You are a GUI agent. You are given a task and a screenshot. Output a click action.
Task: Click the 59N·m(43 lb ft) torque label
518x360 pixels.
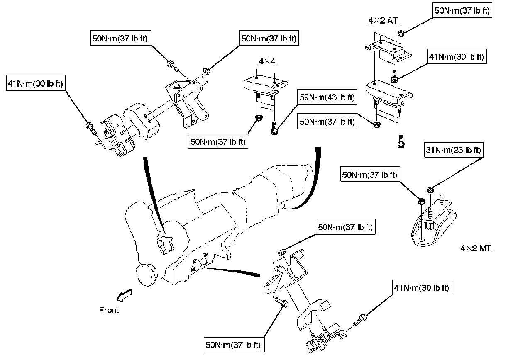point(327,97)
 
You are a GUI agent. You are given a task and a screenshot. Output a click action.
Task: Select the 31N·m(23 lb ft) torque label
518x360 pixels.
point(453,150)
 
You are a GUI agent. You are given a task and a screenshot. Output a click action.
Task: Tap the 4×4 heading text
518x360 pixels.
point(267,61)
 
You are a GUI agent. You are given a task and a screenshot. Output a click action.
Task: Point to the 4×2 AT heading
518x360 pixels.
point(383,20)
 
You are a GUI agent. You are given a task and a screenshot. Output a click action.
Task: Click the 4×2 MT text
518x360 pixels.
point(476,248)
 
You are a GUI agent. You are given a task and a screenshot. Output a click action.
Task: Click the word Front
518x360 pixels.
point(109,310)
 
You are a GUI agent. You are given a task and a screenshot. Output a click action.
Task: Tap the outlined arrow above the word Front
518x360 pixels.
point(123,294)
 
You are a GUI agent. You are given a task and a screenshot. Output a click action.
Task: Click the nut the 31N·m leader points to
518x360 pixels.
point(430,190)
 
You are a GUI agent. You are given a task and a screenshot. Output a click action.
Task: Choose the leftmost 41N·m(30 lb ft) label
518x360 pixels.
point(35,83)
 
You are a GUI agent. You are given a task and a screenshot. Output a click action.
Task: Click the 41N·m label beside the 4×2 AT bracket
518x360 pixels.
point(456,57)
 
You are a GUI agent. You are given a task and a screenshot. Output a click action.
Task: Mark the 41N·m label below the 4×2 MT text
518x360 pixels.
point(422,288)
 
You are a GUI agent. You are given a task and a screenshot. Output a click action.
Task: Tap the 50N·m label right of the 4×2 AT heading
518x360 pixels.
point(462,11)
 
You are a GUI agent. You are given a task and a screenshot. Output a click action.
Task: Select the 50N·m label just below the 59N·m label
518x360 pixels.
point(327,122)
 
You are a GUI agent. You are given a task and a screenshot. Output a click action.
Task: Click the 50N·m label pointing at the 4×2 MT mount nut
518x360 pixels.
point(369,174)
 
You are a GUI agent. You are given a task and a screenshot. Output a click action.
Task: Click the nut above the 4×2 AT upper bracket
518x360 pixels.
point(401,33)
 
